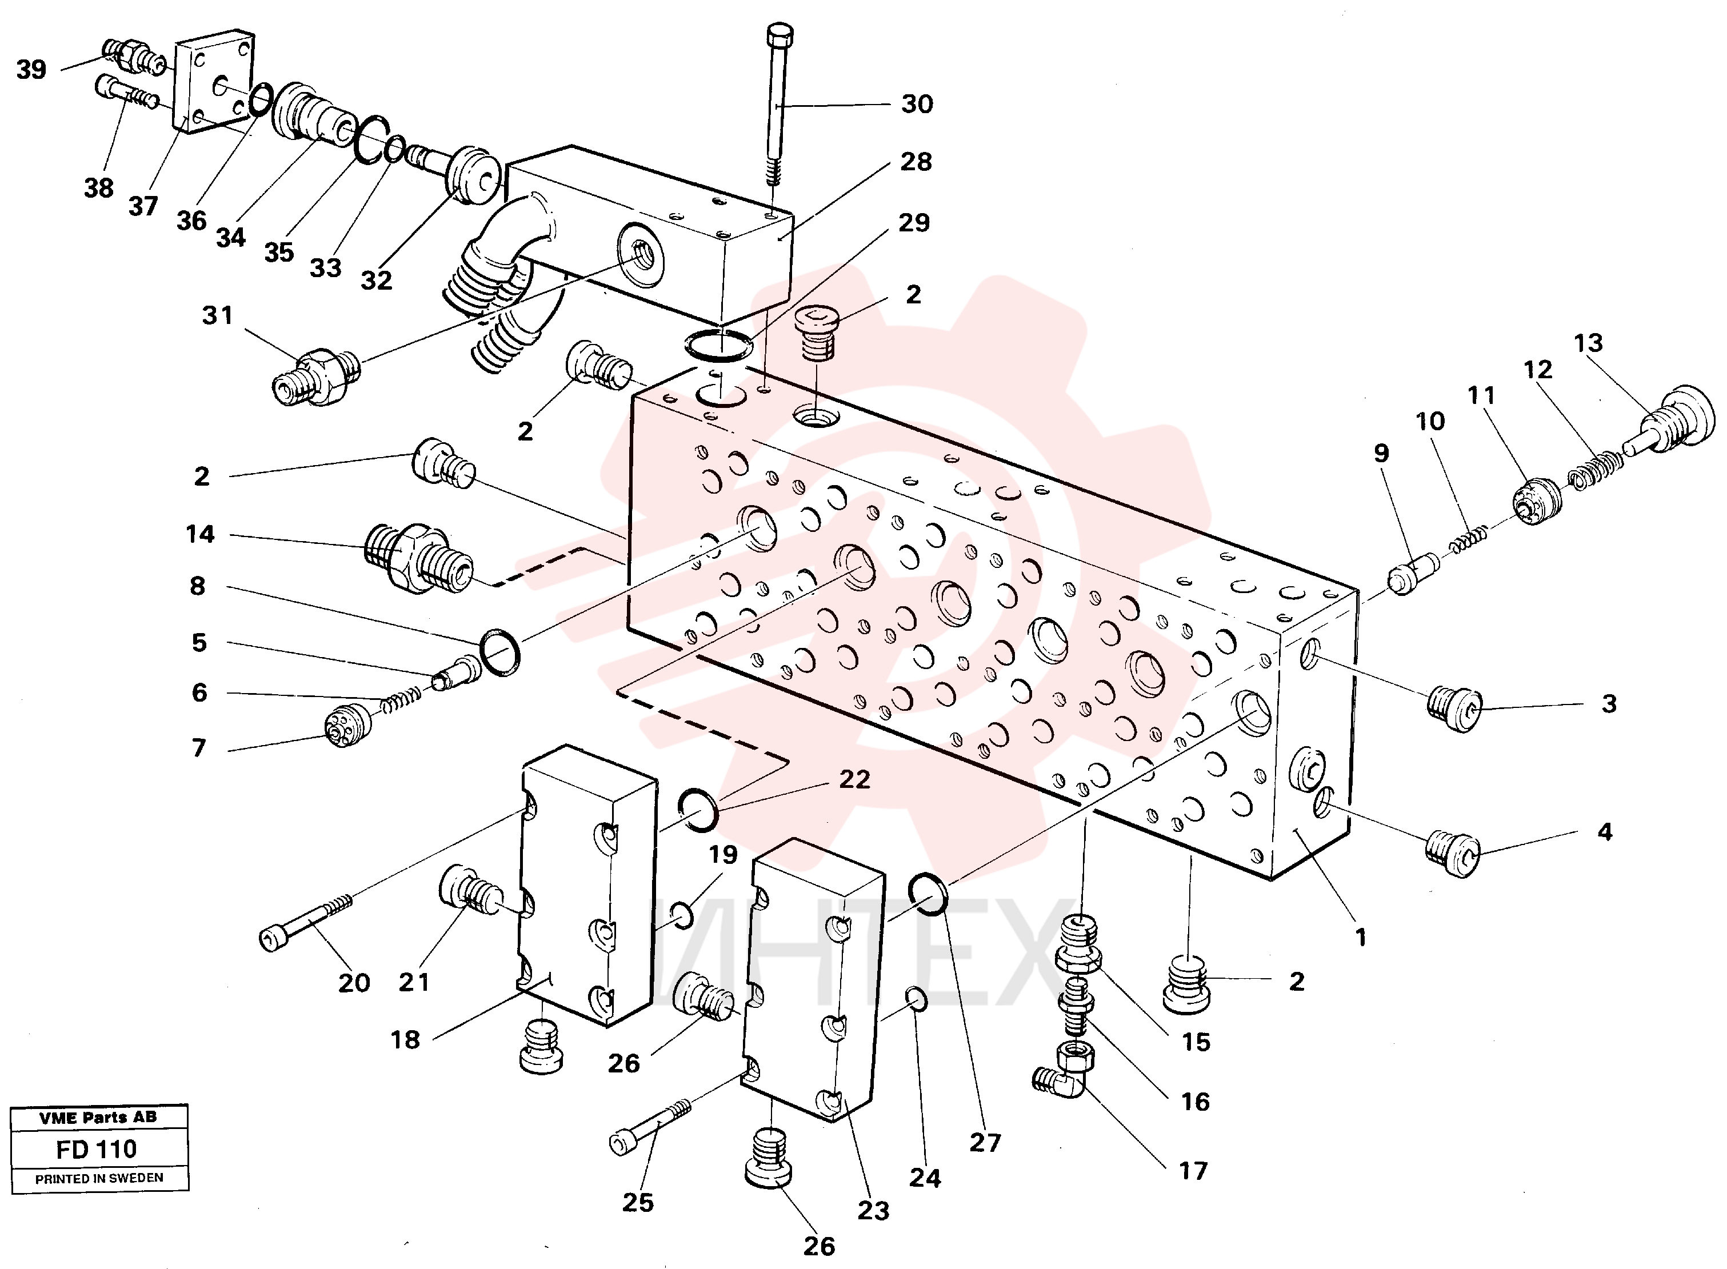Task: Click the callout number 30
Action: tap(917, 103)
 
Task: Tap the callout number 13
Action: tap(1588, 343)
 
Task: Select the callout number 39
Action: tap(31, 70)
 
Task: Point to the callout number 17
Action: tap(1193, 1171)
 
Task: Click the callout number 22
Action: tap(854, 779)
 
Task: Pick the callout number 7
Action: tap(199, 747)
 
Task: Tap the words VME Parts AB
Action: tap(98, 1118)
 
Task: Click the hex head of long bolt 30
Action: tap(779, 34)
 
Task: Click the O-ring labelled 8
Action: tap(499, 652)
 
